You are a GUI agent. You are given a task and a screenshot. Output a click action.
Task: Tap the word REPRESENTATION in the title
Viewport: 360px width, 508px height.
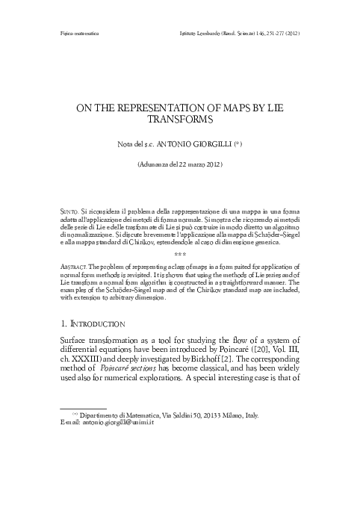click(167, 108)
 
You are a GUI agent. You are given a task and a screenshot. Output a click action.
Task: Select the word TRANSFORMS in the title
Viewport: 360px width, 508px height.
click(180, 120)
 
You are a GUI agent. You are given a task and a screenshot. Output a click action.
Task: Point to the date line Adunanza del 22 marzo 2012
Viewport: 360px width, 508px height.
click(180, 163)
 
